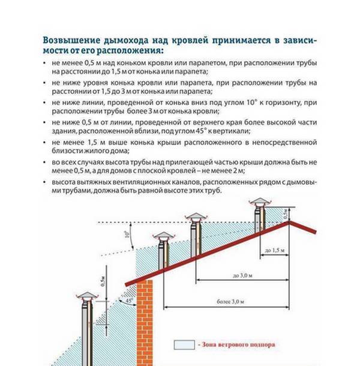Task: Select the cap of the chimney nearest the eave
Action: (163, 236)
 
